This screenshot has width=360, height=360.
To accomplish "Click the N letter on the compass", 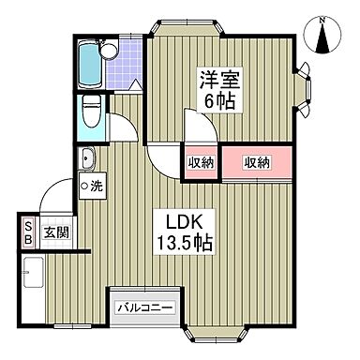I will (322, 18).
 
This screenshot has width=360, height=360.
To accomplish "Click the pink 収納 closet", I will (258, 162).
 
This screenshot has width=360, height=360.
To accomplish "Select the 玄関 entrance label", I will (55, 232).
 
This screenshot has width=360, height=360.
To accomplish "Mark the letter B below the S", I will (28, 240).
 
